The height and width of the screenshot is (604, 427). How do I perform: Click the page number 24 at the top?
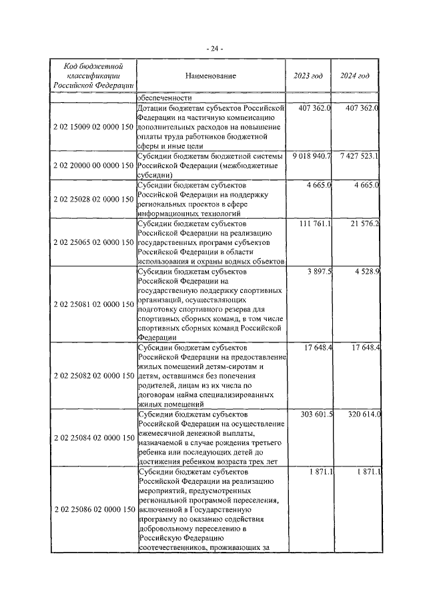[x=213, y=48]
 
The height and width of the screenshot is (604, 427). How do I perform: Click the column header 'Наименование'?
[x=211, y=76]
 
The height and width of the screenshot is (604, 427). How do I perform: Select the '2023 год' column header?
[x=308, y=76]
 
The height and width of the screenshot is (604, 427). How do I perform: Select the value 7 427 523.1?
[x=358, y=156]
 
